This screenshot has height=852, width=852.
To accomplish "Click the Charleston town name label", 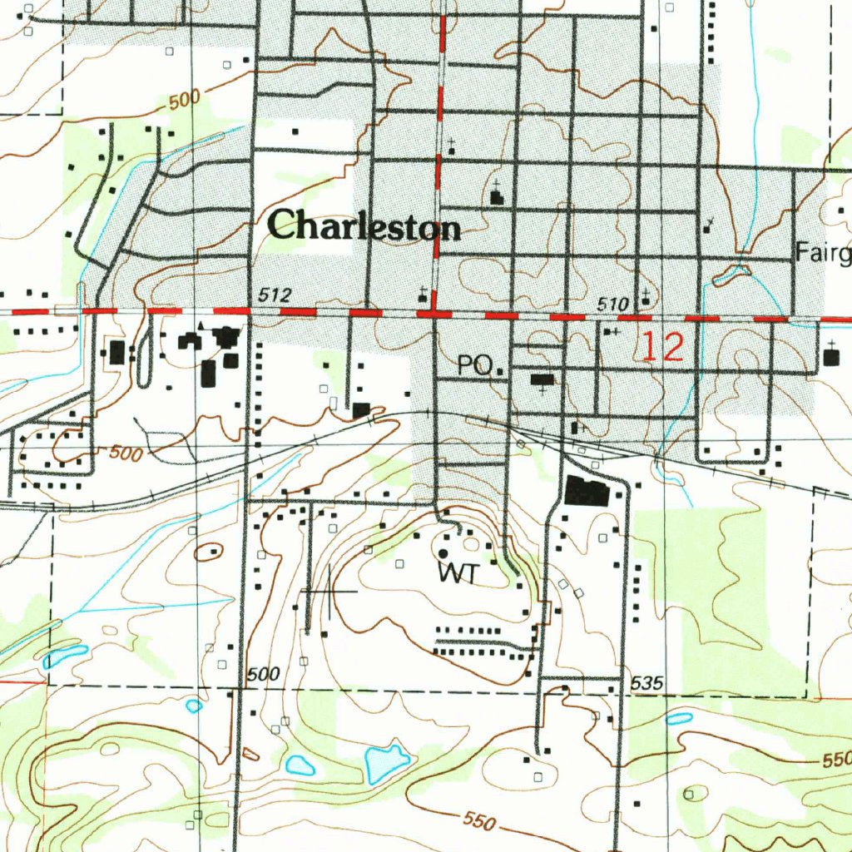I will (x=364, y=225).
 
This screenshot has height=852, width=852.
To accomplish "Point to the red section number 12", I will (x=662, y=347).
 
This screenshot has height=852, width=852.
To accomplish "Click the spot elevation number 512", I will (x=275, y=295).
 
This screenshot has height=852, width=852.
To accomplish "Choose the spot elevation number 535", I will (x=647, y=684).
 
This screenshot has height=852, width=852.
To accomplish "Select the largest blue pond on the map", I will (x=384, y=760).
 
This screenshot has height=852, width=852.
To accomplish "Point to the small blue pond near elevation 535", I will (x=679, y=718).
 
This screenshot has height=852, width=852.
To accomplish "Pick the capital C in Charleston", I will (x=283, y=225).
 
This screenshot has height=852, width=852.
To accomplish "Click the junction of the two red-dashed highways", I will (x=433, y=314).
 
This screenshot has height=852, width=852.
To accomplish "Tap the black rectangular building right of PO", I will (x=542, y=380).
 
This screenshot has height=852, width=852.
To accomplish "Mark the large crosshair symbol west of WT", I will (x=329, y=591).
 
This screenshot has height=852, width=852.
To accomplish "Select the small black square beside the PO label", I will (x=500, y=372).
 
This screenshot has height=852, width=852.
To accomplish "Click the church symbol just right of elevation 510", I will (x=646, y=297).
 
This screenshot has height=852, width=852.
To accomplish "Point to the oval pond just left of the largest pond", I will (x=300, y=765).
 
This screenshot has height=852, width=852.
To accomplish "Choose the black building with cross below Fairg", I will (x=832, y=356).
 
